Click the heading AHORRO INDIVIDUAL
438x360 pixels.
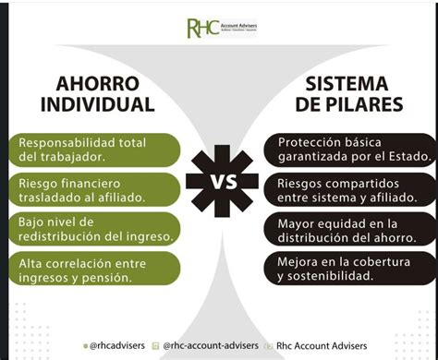91,91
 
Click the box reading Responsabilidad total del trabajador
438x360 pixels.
90,150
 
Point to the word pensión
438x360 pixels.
110,277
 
